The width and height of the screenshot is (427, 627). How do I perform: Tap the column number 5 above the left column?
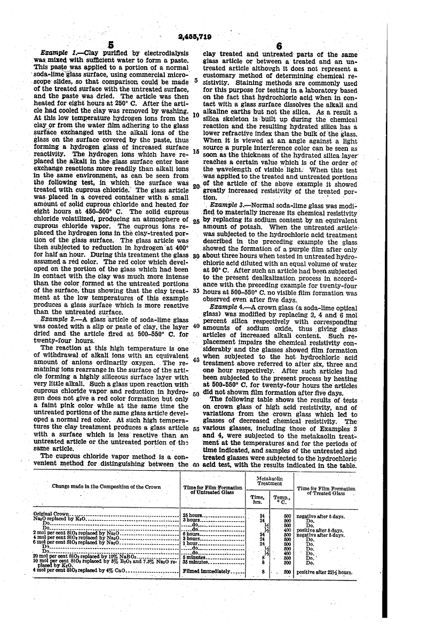pyautogui.click(x=110, y=46)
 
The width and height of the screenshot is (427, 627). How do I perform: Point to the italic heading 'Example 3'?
pyautogui.click(x=227, y=205)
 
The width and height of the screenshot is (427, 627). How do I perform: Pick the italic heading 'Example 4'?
pyautogui.click(x=227, y=307)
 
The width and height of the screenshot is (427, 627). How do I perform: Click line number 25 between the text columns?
pyautogui.click(x=196, y=221)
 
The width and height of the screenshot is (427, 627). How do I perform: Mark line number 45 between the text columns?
pyautogui.click(x=196, y=360)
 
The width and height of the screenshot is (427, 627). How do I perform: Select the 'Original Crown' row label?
pyautogui.click(x=51, y=514)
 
